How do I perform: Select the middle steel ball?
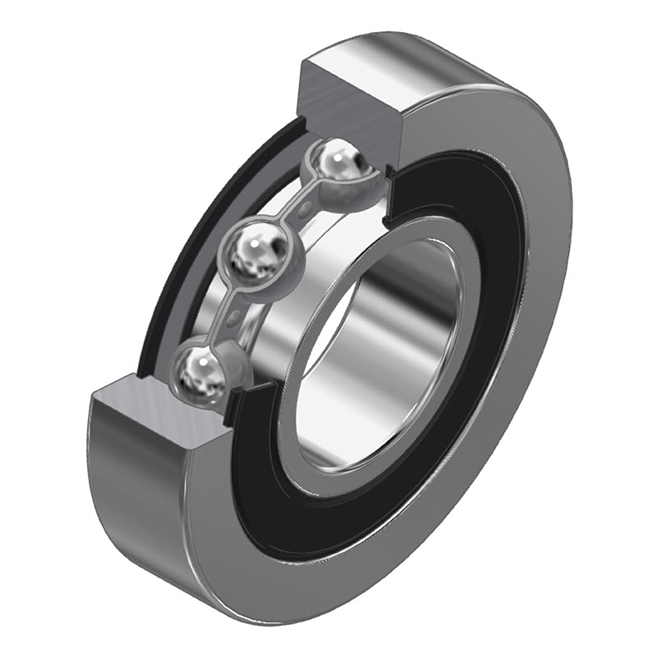click(255, 252)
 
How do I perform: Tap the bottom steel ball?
click(199, 372)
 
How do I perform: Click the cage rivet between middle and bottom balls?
click(235, 317)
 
